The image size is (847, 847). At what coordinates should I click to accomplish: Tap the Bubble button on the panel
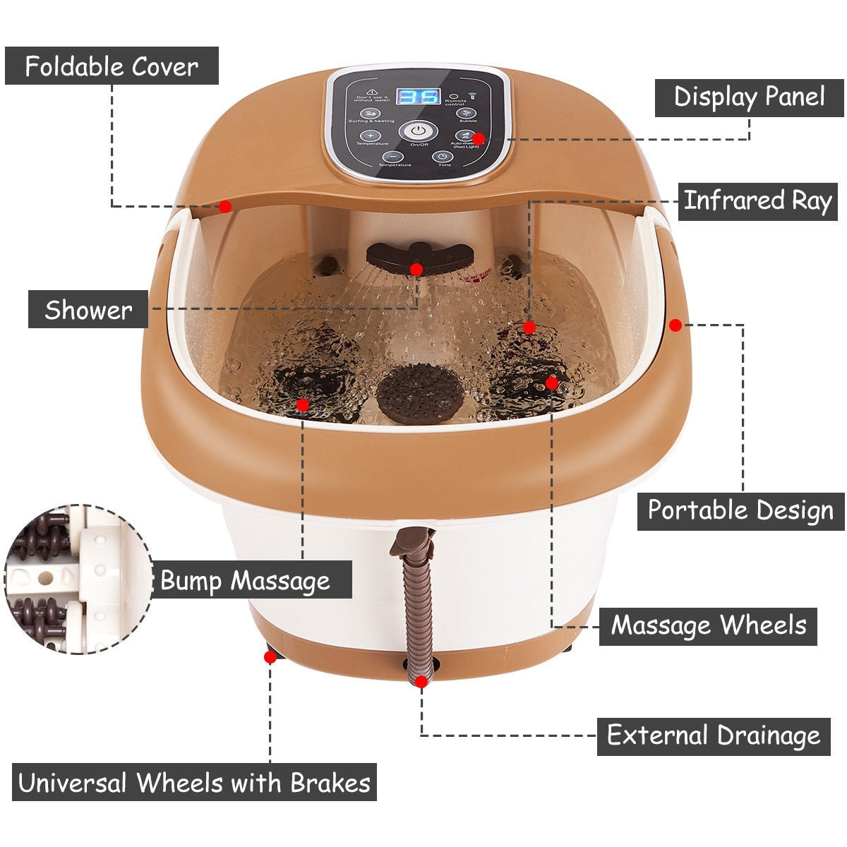pos(463,113)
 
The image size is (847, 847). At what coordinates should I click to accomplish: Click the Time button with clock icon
pos(443,157)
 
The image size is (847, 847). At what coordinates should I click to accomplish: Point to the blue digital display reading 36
pos(418,96)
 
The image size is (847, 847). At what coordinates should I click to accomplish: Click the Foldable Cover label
pos(112,66)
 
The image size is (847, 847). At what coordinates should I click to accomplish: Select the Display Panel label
pos(749,97)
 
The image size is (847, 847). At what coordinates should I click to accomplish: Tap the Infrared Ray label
pos(757,201)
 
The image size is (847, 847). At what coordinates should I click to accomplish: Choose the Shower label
pos(88,310)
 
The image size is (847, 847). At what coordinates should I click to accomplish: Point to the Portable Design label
pos(740,510)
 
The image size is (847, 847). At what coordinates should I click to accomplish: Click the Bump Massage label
pos(246,580)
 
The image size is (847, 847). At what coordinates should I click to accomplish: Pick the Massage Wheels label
pos(708,625)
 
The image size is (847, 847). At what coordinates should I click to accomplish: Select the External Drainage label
pos(714,735)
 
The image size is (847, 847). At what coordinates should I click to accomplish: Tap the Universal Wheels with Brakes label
pos(194,782)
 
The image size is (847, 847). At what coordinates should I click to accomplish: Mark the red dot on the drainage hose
pos(421,681)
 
